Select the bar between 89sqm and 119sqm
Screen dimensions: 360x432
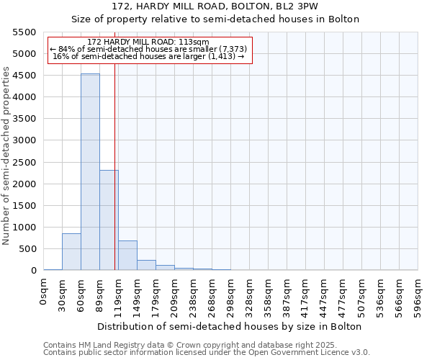[109, 220]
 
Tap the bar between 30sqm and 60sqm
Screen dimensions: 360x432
[71, 251]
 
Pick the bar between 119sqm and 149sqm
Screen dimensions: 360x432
[127, 255]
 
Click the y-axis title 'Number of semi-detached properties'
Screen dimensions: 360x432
[7, 156]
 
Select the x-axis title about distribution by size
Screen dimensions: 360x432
[228, 326]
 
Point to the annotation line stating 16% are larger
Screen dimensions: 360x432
[149, 56]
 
